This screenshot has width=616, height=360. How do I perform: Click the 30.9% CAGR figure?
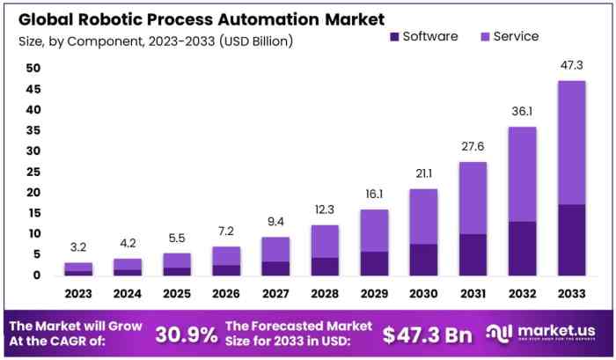point(187,334)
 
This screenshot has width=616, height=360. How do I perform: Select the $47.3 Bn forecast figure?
point(426,334)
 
